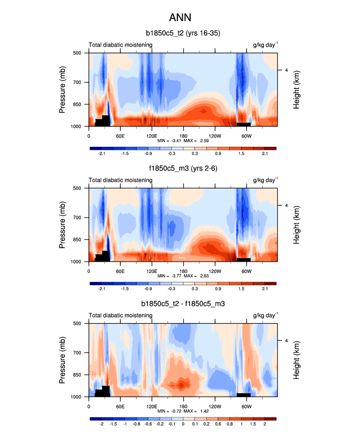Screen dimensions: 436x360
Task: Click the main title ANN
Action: tap(180, 18)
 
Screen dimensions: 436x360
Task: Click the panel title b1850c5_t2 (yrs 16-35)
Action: tap(183, 34)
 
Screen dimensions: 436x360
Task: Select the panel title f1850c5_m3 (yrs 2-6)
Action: tap(183, 169)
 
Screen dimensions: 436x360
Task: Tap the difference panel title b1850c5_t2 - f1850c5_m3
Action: tap(183, 304)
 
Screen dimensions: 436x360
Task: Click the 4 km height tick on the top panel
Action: tap(286, 70)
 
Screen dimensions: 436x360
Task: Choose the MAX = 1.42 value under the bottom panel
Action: tap(199, 411)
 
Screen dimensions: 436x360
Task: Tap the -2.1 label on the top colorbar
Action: tap(102, 154)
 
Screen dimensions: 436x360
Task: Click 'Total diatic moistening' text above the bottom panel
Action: tap(120, 316)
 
